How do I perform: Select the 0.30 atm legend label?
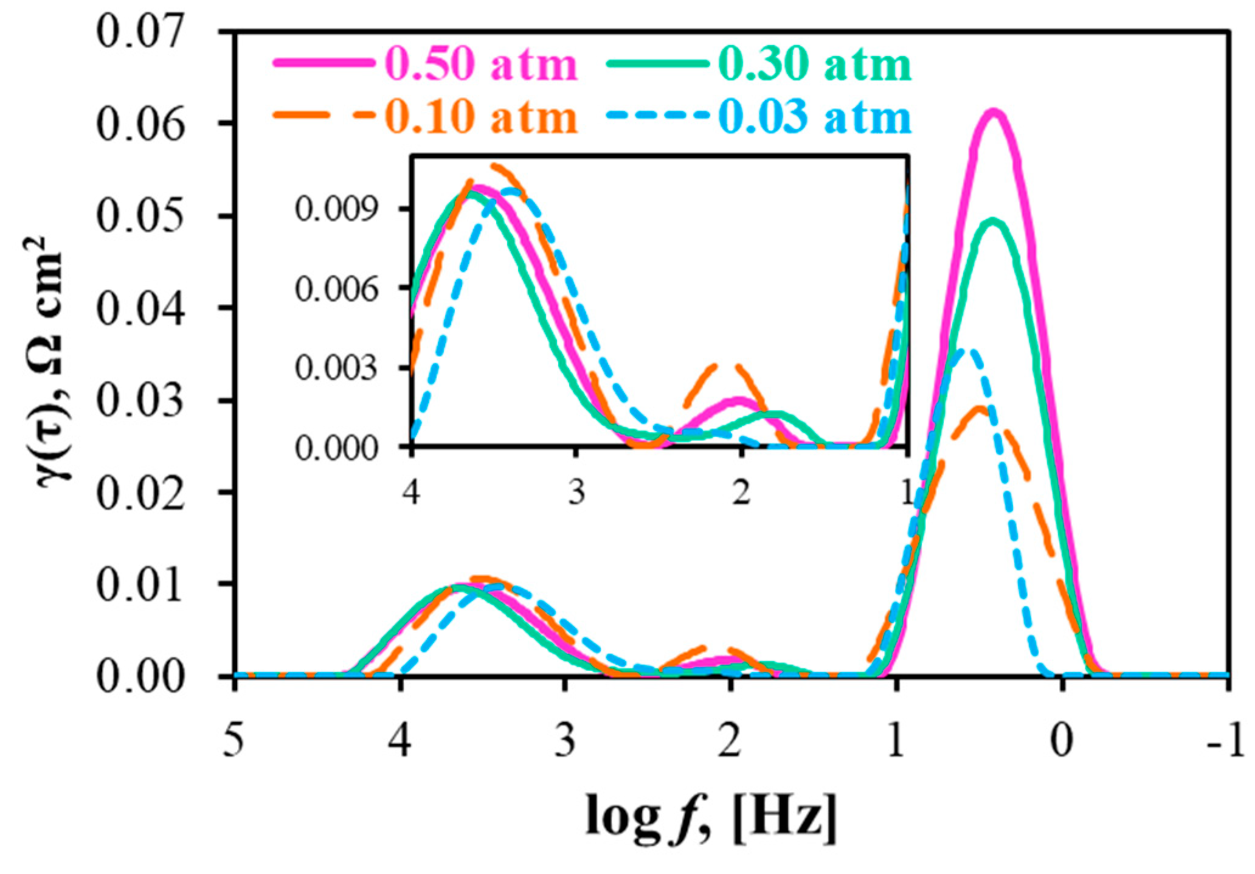click(815, 64)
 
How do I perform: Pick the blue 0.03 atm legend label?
click(815, 117)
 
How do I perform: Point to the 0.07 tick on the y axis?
click(140, 32)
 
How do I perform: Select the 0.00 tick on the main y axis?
click(140, 676)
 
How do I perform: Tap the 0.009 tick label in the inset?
click(336, 209)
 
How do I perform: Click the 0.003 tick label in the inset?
click(336, 368)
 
